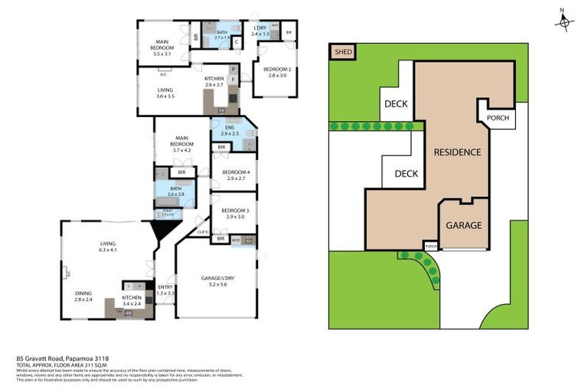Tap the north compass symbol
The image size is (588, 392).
tap(564, 23)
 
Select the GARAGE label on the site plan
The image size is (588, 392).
tap(464, 225)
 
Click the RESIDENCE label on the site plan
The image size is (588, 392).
tap(457, 152)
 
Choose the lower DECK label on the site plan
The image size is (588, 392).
tap(406, 174)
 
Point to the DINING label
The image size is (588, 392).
tap(83, 296)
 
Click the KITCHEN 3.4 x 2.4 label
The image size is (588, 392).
tap(132, 298)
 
